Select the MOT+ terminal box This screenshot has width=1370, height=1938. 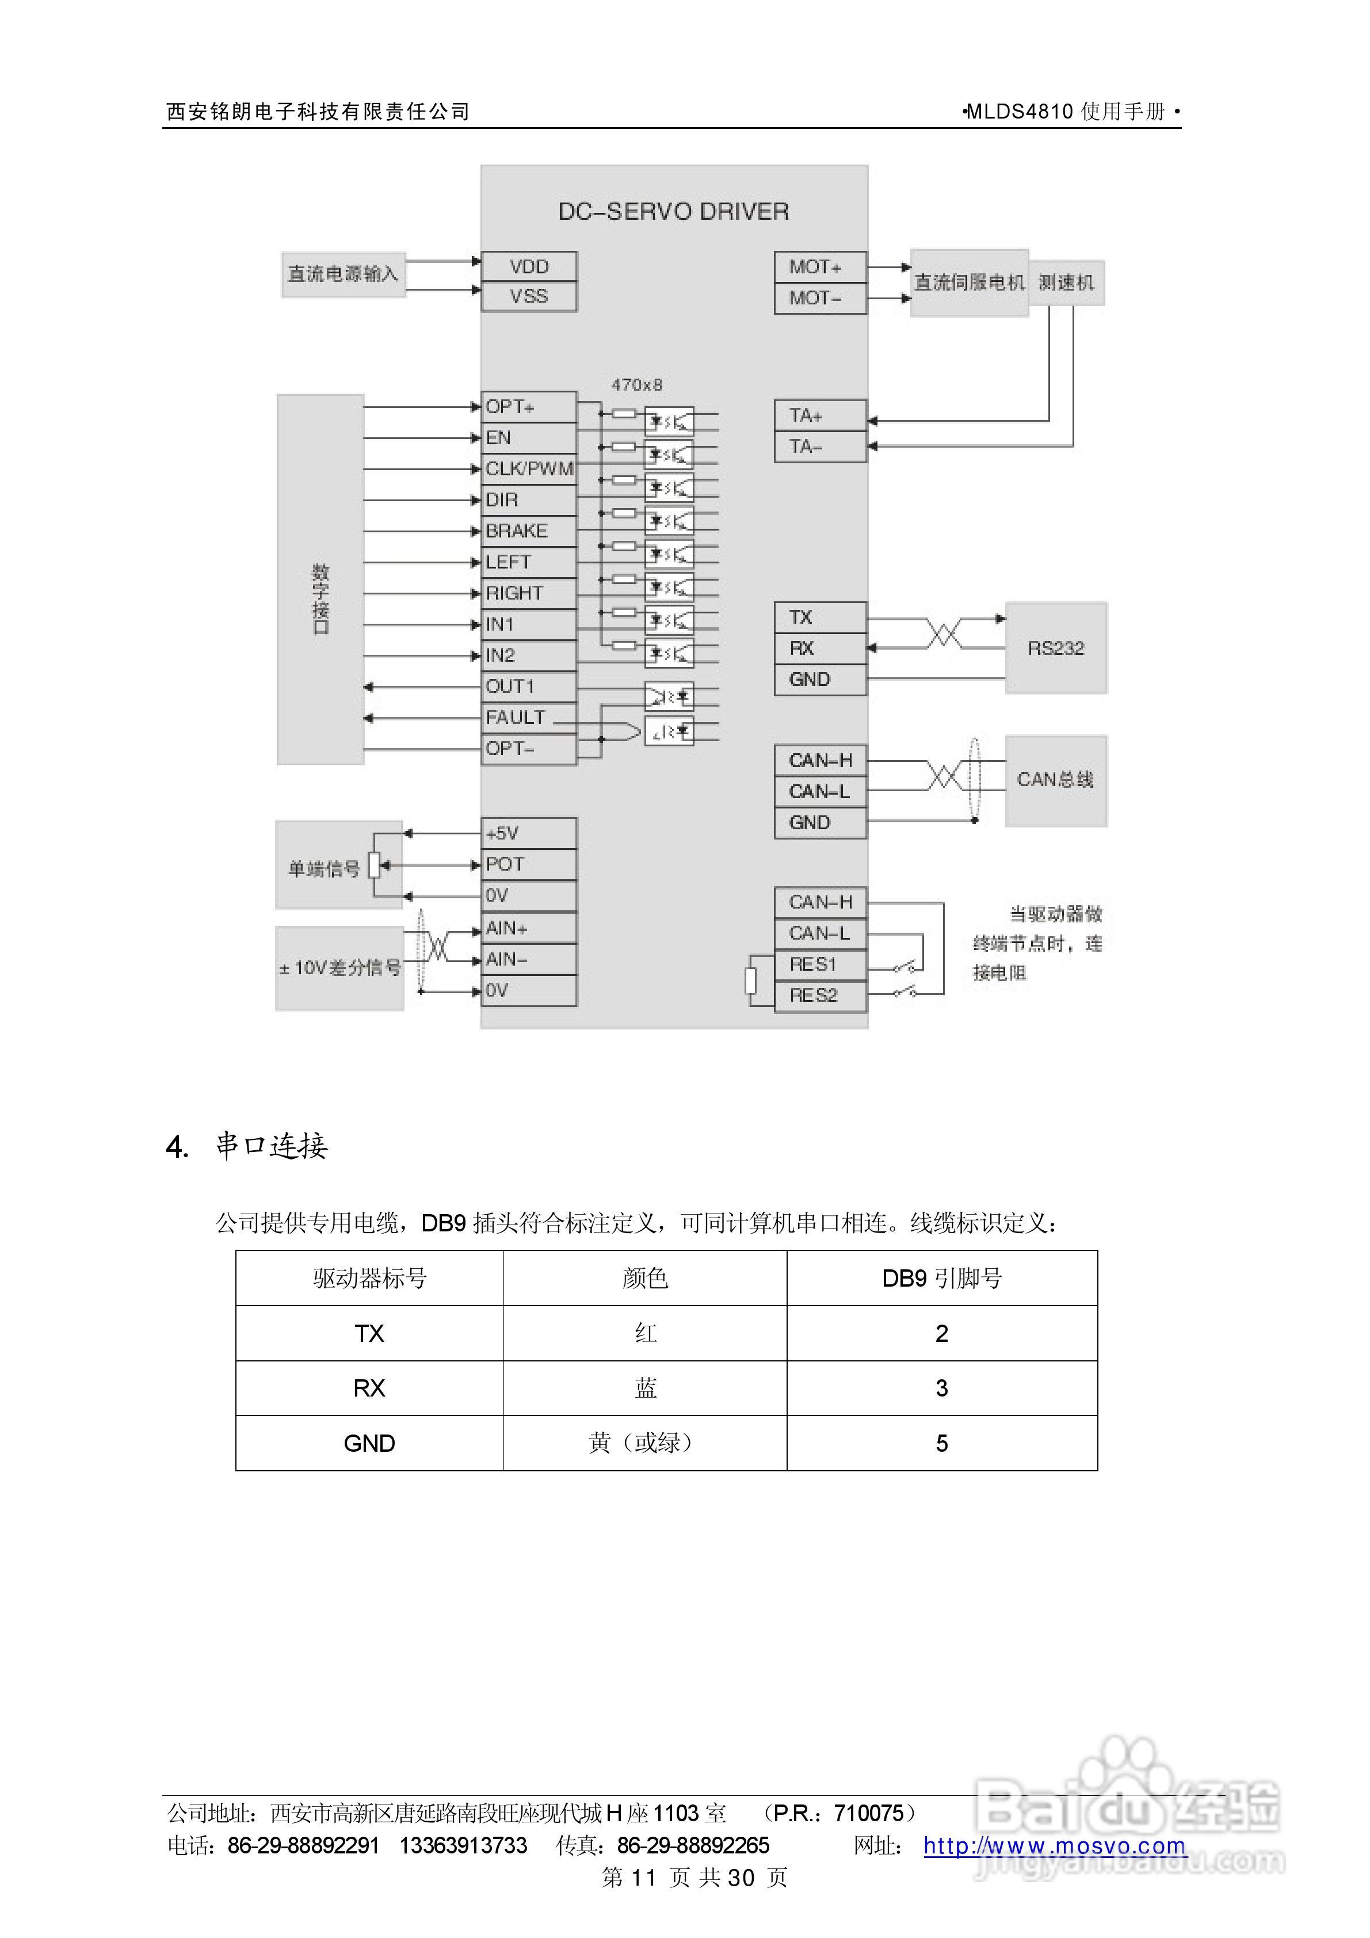(819, 267)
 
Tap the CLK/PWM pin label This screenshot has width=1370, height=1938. (529, 468)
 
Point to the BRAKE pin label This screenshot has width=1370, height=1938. (517, 531)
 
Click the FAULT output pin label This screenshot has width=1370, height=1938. (515, 718)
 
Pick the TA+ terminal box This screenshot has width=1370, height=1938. (819, 415)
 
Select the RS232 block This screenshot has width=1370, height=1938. (1055, 648)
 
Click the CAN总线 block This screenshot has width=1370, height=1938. (1055, 780)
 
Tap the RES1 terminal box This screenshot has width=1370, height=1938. (819, 965)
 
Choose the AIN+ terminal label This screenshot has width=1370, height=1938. (506, 929)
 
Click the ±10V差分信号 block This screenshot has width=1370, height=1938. (339, 968)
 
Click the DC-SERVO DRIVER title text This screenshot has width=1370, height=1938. (674, 212)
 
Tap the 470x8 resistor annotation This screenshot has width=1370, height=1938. (636, 385)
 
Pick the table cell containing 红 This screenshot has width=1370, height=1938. (645, 1334)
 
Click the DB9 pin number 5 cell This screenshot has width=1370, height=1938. (941, 1443)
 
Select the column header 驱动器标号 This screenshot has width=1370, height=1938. (370, 1279)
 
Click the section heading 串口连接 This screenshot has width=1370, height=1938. (271, 1146)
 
